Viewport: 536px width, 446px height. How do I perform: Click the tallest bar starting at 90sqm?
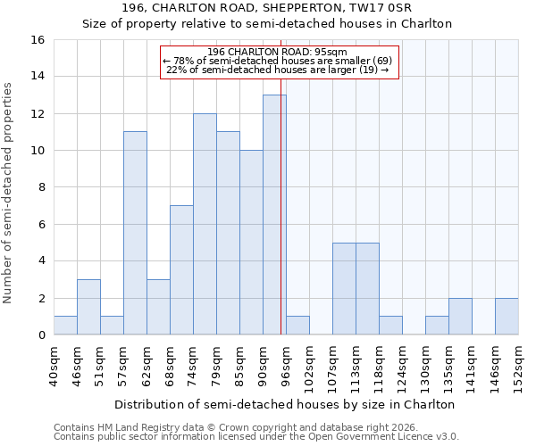[x=274, y=215]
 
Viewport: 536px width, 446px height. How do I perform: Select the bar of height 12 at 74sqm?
[x=205, y=224]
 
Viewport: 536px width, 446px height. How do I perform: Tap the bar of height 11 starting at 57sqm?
[x=135, y=233]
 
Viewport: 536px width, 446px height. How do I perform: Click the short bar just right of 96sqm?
[x=297, y=326]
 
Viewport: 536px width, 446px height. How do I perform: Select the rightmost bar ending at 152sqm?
[x=507, y=317]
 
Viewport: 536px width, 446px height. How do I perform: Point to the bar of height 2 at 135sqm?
[x=460, y=317]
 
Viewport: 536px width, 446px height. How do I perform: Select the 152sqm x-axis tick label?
[x=519, y=366]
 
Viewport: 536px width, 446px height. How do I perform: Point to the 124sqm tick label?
[x=403, y=366]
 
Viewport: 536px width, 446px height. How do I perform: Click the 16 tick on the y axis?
[x=38, y=40]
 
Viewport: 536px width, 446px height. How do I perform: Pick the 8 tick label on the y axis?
[x=41, y=187]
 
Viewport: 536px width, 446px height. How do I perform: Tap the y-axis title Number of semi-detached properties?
[x=8, y=192]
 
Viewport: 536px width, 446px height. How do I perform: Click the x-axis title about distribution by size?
[x=285, y=404]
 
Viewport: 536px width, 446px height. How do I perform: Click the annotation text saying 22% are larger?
[x=278, y=70]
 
